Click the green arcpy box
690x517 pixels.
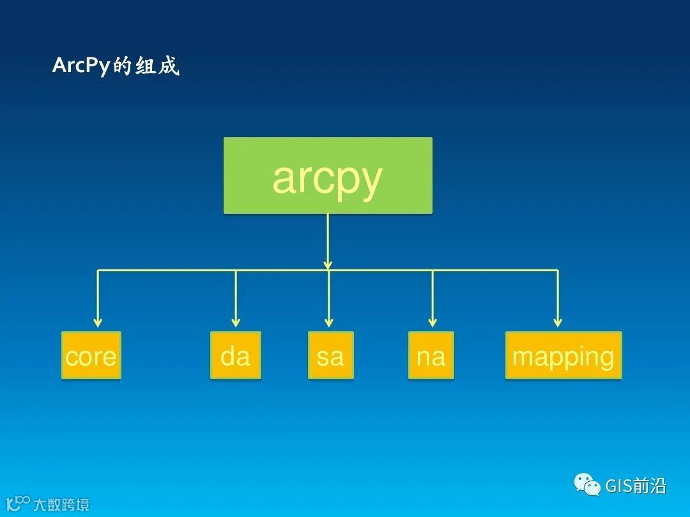coord(328,176)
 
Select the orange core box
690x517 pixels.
coord(91,356)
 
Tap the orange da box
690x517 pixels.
coord(236,356)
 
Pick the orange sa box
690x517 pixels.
coord(330,356)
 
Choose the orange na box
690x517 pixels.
coord(431,356)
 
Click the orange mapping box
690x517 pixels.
coord(563,356)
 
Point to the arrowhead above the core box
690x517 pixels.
coord(98,322)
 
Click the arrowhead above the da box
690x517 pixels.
coord(236,322)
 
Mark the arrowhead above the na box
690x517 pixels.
coord(433,322)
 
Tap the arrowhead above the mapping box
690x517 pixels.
coord(558,322)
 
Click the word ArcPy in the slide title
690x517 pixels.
coord(82,66)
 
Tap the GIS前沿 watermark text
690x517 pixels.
coord(636,486)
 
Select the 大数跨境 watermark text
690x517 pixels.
coord(61,505)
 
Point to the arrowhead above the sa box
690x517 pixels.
coord(329,322)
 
